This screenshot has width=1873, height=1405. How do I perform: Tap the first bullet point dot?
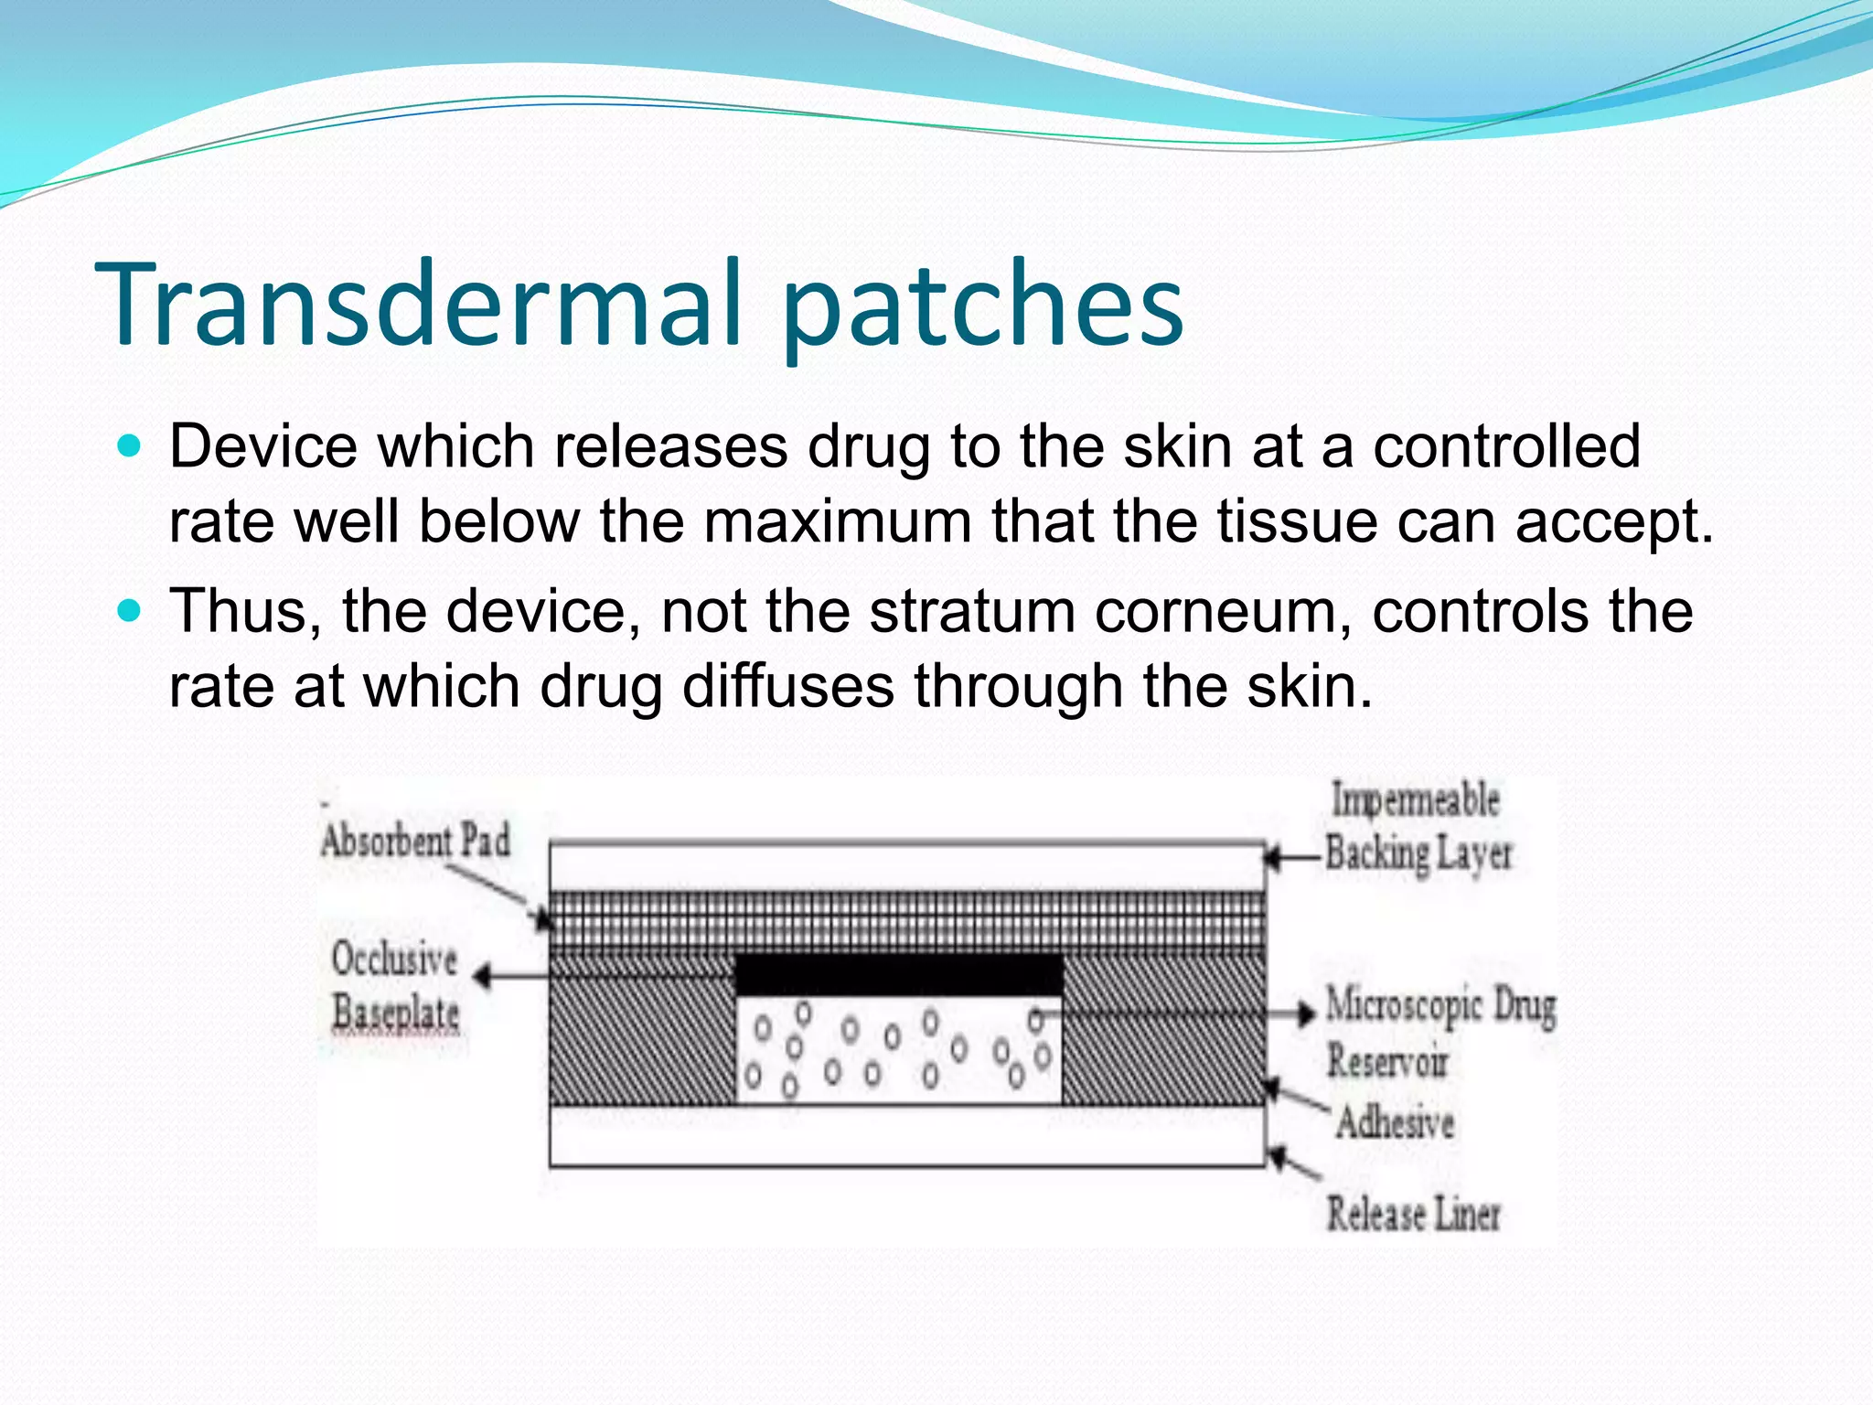pos(131,446)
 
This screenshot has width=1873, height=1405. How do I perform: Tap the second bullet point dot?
pos(131,610)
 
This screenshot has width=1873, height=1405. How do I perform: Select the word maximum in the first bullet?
pos(837,521)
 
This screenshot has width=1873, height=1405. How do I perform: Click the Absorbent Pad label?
pos(416,841)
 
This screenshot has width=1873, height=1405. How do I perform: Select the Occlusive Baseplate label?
pos(395,986)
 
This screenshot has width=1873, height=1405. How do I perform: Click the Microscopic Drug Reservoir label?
pos(1440,1033)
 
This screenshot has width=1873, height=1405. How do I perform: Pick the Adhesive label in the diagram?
pos(1395,1122)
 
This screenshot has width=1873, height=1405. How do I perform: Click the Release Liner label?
pos(1413,1214)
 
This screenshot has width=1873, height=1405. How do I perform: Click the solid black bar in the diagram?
pos(898,975)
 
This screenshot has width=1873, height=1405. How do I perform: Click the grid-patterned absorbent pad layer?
pos(905,919)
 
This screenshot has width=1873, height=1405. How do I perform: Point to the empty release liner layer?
pos(905,1137)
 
